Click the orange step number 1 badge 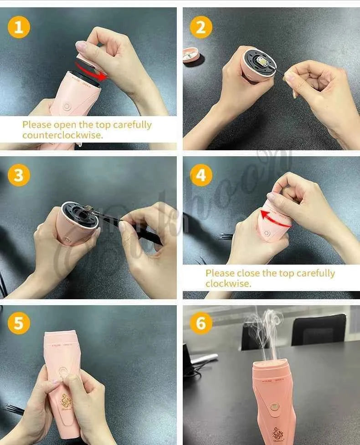[x=19, y=28]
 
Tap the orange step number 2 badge [x=201, y=28]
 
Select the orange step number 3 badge [x=19, y=175]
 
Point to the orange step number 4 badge [x=201, y=175]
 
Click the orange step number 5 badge [x=19, y=324]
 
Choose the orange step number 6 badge [x=201, y=324]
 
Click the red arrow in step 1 [x=91, y=73]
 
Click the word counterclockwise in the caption [x=62, y=135]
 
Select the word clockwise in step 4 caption [x=228, y=284]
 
